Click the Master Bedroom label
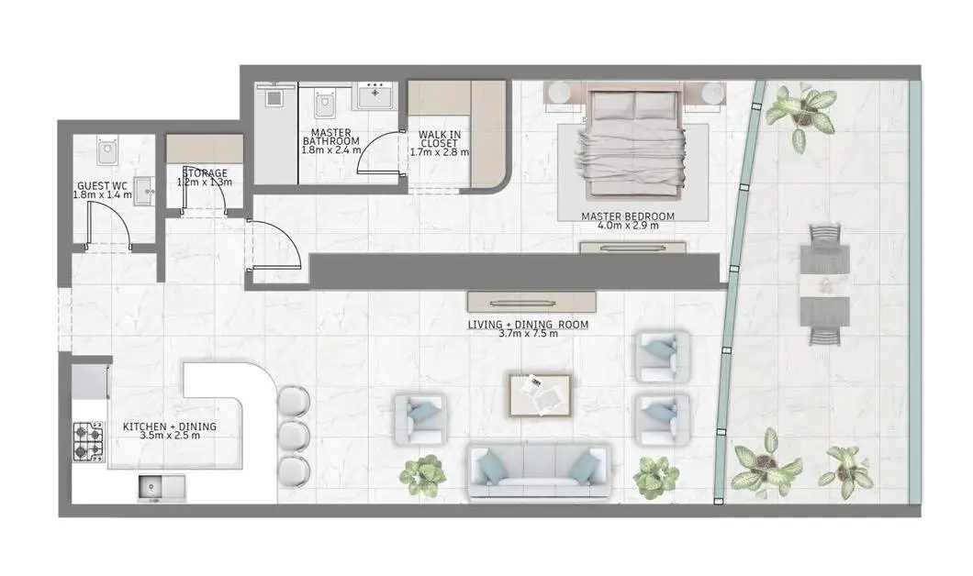[627, 216]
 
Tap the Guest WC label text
[103, 186]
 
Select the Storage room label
[205, 173]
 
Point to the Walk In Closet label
[440, 138]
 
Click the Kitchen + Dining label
[170, 426]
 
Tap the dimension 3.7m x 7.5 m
[528, 334]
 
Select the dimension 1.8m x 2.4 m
[330, 150]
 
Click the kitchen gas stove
[89, 441]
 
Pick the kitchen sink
[162, 488]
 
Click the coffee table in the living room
[540, 395]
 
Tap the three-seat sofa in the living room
[540, 471]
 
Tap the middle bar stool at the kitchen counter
[294, 437]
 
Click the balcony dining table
[825, 283]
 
